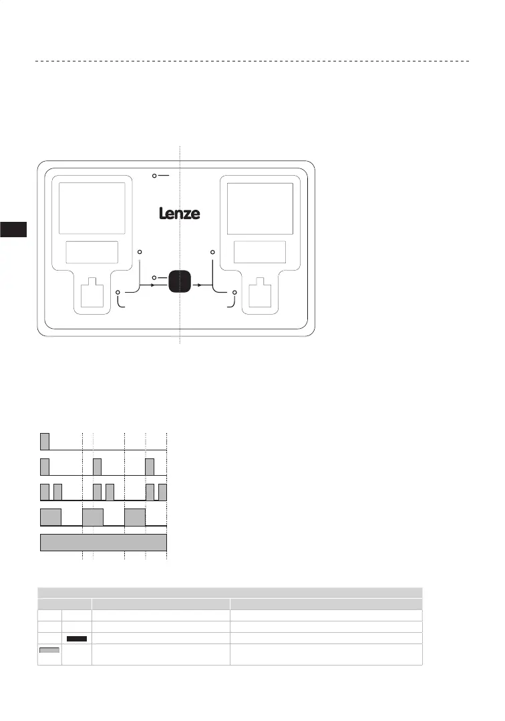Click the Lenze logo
180,214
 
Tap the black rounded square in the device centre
180,281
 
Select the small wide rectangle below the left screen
92,252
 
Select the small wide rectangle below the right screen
260,252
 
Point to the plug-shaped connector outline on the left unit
92,292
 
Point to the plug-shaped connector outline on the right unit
261,292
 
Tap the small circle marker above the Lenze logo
154,176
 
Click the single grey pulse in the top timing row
45,442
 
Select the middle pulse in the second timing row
97,466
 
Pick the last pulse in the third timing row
162,492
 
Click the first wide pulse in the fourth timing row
51,517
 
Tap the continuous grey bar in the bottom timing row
104,542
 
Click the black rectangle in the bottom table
77,639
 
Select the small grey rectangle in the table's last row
49,650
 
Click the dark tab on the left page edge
13,229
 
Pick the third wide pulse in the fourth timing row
135,517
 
